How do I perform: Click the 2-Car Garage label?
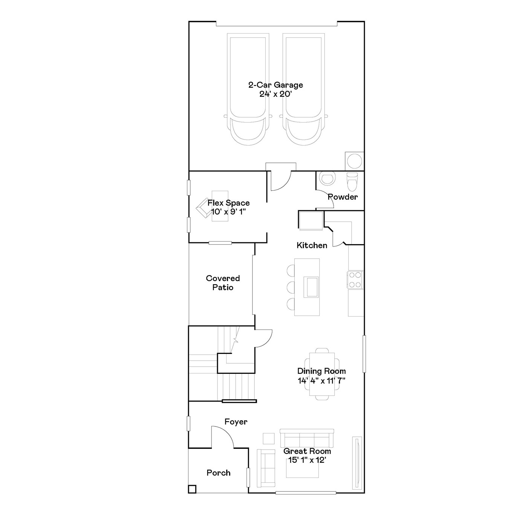tap(276, 85)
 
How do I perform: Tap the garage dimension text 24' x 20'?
tap(276, 94)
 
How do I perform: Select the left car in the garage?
tap(248, 89)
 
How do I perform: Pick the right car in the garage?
tap(304, 89)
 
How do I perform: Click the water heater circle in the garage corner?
tap(354, 161)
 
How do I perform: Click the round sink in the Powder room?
tap(328, 179)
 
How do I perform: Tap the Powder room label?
tap(343, 197)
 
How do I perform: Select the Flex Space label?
tap(228, 203)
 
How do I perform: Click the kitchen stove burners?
tap(355, 280)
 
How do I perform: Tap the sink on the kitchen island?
tap(311, 287)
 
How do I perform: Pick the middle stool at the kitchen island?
tap(291, 287)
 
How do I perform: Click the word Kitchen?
tap(312, 245)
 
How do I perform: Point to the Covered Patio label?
tap(223, 283)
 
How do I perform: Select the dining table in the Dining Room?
tap(322, 374)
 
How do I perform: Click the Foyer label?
tap(236, 422)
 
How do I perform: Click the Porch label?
tap(218, 473)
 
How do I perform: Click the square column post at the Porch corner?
tap(192, 489)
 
